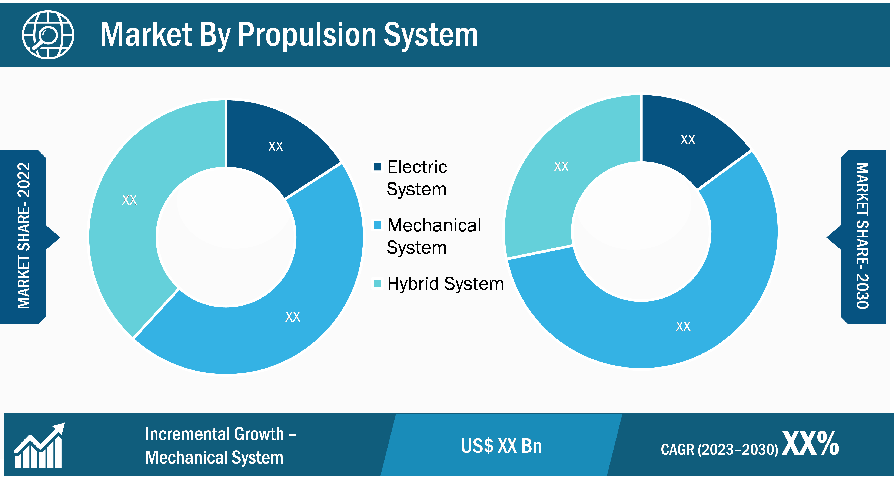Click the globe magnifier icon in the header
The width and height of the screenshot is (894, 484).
pos(48,35)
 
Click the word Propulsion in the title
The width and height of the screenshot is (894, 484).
pos(307,35)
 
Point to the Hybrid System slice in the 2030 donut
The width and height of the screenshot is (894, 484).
pos(562,167)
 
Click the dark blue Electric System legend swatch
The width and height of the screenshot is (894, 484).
pos(377,167)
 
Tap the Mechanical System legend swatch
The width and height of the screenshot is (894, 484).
pos(377,225)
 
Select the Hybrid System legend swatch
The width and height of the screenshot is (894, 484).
pos(377,284)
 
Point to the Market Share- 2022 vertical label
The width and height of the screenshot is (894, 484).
pos(24,236)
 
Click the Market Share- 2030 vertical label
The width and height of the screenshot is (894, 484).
pos(863,236)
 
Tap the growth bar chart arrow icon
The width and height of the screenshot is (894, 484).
pos(39,445)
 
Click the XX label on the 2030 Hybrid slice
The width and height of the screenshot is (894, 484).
pos(561,167)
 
